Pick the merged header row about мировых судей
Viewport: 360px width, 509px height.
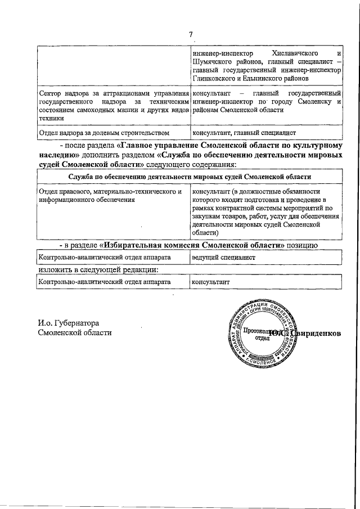click(190, 177)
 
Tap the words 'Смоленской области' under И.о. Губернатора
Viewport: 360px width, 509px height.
click(74, 332)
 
